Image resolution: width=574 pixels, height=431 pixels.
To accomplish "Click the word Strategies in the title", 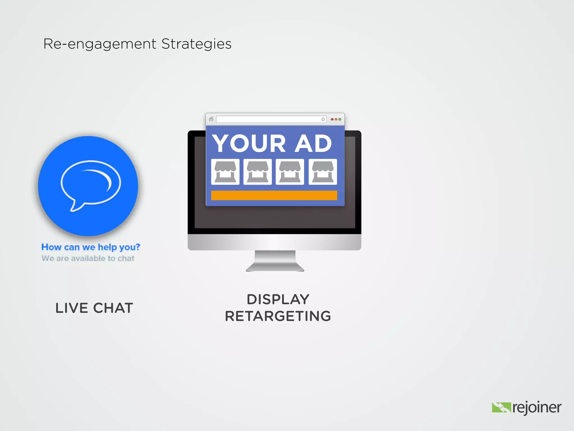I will pos(196,44).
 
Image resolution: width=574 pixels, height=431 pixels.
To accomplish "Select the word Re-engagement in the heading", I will pos(100,44).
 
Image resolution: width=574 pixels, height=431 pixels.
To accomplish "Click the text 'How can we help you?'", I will pos(91,247).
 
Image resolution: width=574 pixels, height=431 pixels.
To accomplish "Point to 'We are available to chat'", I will pos(88,258).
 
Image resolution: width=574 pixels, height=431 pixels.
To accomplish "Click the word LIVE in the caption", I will pos(72,308).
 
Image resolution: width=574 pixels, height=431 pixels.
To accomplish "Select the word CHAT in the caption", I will pos(113,308).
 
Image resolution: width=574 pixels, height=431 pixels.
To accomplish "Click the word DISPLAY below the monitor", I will pos(278,299).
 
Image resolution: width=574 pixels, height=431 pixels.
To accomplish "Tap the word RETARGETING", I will pos(278,316).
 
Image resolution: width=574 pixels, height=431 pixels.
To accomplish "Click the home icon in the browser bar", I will pos(211,119).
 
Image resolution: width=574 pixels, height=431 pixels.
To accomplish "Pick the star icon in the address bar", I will pos(323,119).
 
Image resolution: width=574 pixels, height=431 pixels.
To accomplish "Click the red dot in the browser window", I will pos(332,120).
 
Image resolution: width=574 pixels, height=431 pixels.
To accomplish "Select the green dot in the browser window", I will pos(340,120).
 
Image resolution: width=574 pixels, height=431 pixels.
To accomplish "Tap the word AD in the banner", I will pos(313,143).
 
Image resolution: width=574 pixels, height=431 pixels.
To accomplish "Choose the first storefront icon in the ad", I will pos(225,172).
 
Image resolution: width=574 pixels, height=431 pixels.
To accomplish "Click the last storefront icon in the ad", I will pos(323,172).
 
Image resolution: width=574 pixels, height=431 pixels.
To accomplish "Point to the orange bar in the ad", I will pos(274,195).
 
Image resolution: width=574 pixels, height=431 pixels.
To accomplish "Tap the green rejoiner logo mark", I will pos(501,407).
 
